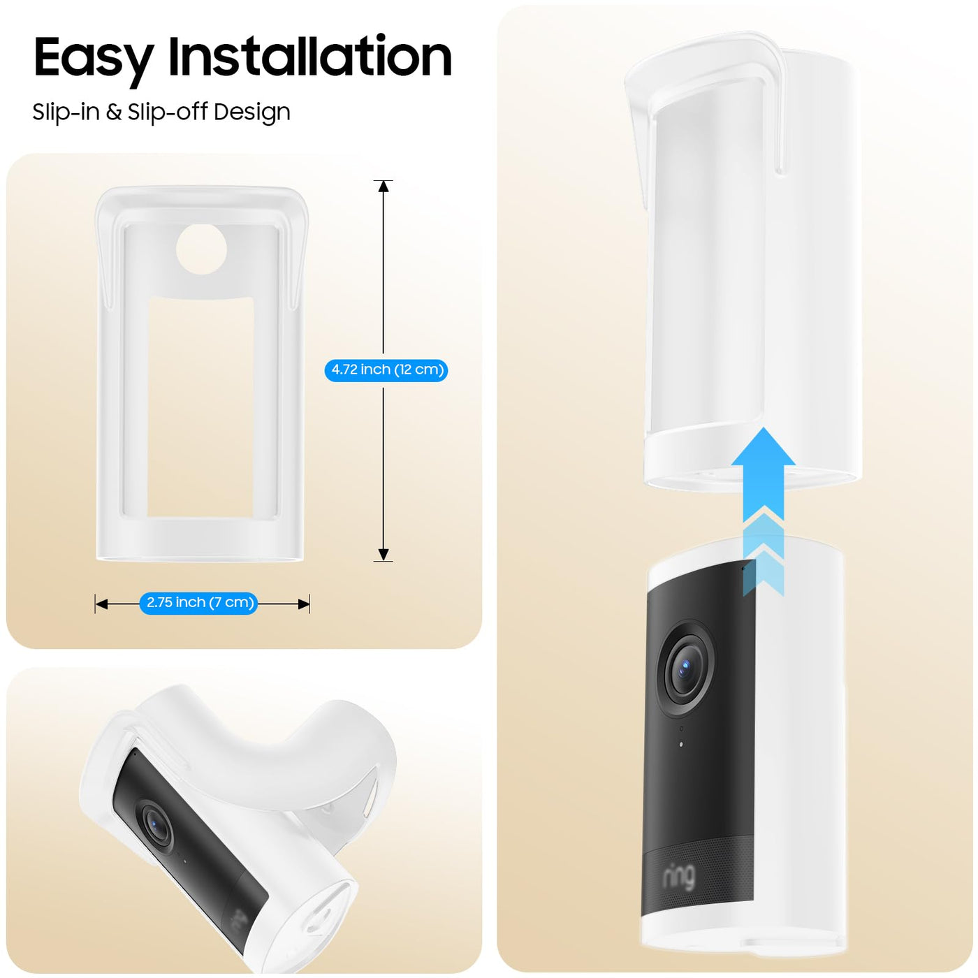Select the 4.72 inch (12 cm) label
tap(386, 370)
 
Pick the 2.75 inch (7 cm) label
tap(198, 603)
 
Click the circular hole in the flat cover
tap(201, 249)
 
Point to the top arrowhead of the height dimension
tap(384, 187)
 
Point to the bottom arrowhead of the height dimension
tap(384, 554)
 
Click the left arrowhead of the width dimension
tap(102, 604)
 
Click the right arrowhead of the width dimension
tap(303, 604)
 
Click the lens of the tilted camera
tap(156, 824)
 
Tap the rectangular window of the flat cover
tap(200, 407)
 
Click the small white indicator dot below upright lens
tap(680, 745)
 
